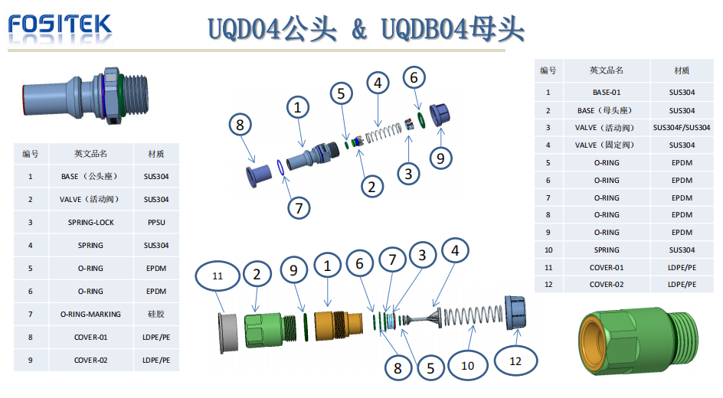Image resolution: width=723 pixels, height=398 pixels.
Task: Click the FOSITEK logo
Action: (60, 26)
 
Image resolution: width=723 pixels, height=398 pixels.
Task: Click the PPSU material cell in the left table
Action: (157, 222)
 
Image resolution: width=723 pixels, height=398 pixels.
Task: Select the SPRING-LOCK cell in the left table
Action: (90, 222)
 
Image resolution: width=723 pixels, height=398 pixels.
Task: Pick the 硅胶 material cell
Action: (157, 314)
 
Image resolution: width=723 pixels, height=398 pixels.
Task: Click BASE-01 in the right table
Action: (606, 93)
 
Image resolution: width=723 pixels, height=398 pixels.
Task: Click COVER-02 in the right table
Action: (606, 285)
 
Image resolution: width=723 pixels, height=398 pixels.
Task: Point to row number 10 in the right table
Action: (548, 250)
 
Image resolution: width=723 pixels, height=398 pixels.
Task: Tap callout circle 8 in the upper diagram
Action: (240, 124)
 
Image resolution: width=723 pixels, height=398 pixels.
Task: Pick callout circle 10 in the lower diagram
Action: (467, 366)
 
